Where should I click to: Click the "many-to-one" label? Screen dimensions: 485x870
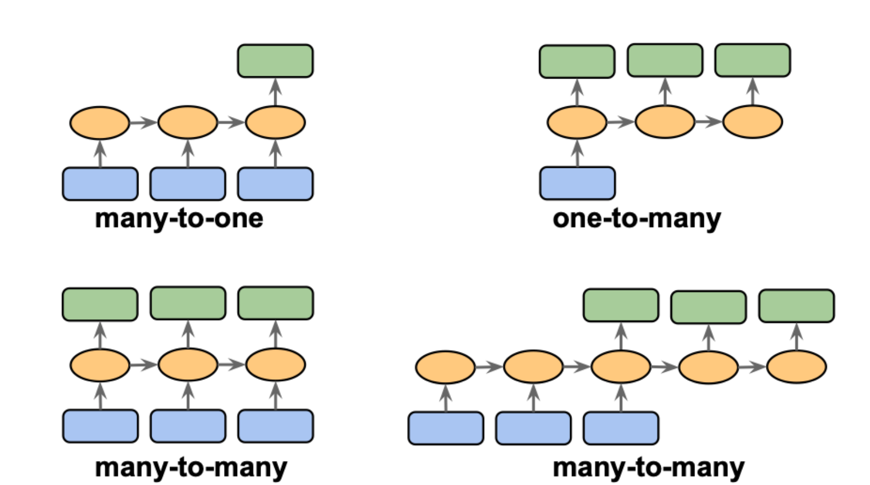(x=179, y=219)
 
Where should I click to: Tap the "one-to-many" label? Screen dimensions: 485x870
(x=636, y=219)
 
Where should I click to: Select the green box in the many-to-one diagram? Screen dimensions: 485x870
(x=275, y=61)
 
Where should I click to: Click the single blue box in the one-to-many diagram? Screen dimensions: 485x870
(x=577, y=184)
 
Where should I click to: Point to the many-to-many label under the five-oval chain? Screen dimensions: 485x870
(x=648, y=468)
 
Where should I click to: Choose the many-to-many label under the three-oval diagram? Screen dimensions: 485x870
(x=191, y=468)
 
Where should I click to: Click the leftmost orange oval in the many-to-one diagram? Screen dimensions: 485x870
(x=100, y=123)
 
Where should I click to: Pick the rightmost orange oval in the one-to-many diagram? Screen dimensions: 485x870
(x=752, y=122)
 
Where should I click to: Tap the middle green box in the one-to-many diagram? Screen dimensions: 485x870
(x=665, y=60)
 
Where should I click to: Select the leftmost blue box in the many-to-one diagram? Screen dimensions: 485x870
(x=100, y=184)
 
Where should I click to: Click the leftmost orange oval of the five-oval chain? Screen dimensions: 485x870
(x=445, y=367)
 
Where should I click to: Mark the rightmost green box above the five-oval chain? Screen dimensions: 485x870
(x=796, y=306)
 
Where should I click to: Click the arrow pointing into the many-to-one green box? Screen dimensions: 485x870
(x=275, y=92)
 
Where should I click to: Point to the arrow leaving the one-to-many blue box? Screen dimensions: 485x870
(x=577, y=153)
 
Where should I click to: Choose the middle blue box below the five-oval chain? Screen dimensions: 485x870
(x=534, y=428)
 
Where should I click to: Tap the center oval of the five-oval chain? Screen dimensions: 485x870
(x=621, y=367)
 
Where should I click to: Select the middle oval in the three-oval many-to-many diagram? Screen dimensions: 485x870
(x=188, y=365)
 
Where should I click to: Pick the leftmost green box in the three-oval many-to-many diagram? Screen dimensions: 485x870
(x=100, y=305)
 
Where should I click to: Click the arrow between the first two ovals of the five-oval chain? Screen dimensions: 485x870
(x=489, y=367)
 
